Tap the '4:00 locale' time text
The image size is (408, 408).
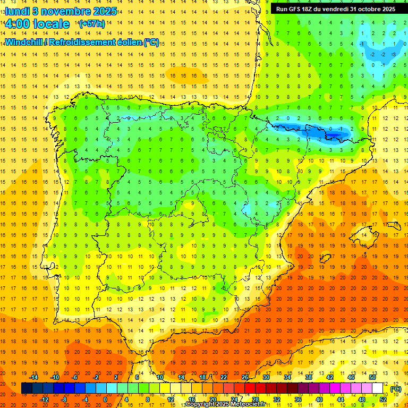pyautogui.click(x=37, y=24)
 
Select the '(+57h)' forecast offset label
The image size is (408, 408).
pyautogui.click(x=91, y=24)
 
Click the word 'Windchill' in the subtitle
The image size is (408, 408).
pyautogui.click(x=24, y=42)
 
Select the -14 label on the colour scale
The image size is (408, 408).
pyautogui.click(x=34, y=377)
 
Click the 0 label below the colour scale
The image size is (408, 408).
pyautogui.click(x=105, y=399)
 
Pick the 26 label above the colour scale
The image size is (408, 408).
pyautogui.click(x=245, y=377)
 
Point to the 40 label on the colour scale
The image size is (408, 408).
pyautogui.click(x=319, y=399)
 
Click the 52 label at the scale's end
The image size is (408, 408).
pyautogui.click(x=382, y=399)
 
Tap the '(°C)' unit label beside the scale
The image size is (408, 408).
pyautogui.click(x=396, y=389)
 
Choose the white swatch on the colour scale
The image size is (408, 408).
pyautogui.click(x=377, y=388)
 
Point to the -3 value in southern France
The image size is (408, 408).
pyautogui.click(x=394, y=54)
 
